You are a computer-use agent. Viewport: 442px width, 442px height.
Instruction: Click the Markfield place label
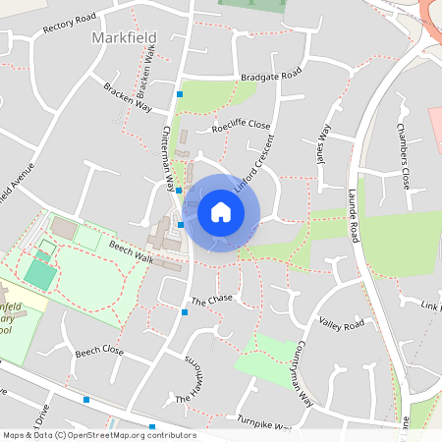(125, 37)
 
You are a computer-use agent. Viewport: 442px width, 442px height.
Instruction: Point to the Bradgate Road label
(271, 76)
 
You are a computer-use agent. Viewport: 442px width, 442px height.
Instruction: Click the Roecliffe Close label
(241, 126)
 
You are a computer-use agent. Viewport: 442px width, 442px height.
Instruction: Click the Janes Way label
(324, 145)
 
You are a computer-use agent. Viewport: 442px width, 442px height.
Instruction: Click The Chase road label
(212, 299)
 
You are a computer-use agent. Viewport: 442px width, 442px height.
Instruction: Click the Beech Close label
(100, 351)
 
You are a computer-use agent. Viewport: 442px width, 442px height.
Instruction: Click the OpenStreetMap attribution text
(98, 435)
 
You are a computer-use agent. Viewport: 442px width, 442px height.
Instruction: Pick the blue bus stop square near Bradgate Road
(179, 94)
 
